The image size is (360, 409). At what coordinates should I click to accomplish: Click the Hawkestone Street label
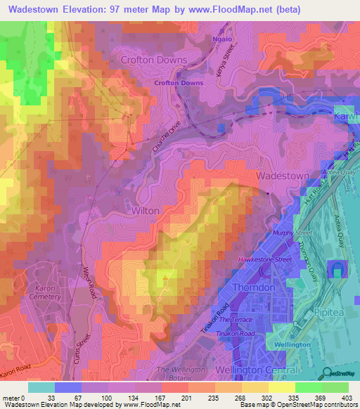coord(264,259)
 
